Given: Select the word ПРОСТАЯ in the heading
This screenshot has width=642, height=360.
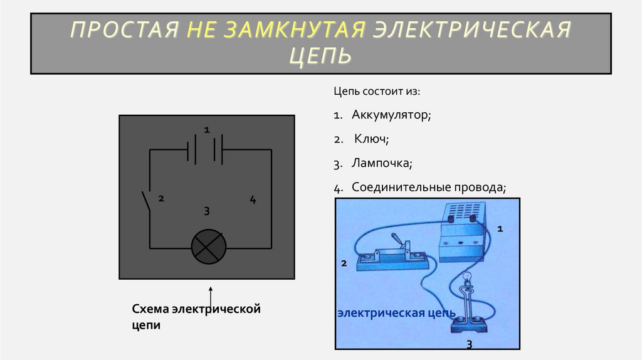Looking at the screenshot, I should click(118, 29).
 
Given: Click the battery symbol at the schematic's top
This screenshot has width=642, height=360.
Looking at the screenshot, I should click(206, 151).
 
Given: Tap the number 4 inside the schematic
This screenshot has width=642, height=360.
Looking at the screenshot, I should click(253, 200).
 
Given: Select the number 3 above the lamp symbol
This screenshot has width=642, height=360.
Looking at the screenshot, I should click(206, 210).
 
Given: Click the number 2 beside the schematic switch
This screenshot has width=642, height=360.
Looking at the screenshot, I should click(161, 199).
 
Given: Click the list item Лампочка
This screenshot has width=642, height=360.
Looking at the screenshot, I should click(381, 163).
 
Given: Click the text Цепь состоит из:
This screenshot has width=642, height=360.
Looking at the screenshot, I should click(377, 92).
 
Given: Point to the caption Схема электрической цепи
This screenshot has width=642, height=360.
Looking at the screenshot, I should click(195, 317).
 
